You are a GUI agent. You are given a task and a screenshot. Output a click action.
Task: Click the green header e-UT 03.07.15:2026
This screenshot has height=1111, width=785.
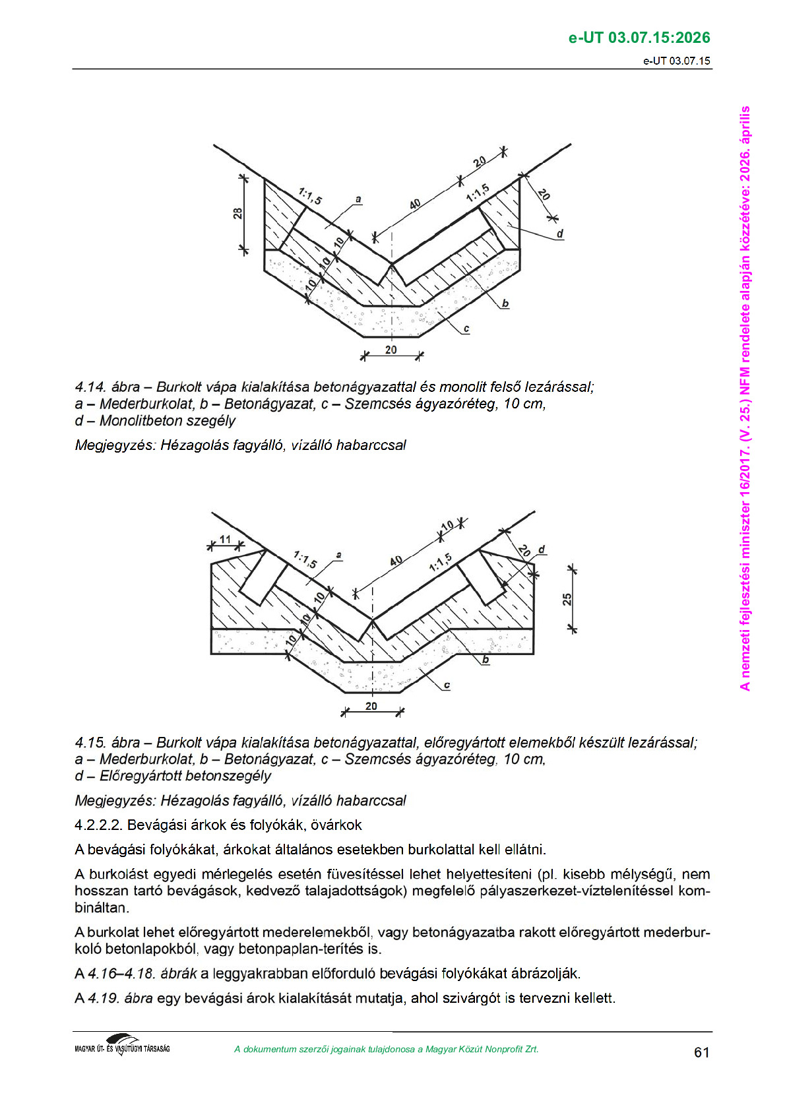pyautogui.click(x=639, y=38)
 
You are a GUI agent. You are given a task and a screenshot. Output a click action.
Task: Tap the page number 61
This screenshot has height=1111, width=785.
pyautogui.click(x=701, y=1052)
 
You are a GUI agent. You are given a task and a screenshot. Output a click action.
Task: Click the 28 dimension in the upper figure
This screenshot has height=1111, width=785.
pyautogui.click(x=237, y=213)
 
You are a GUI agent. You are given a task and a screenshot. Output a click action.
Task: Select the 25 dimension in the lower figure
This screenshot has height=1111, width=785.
pyautogui.click(x=567, y=599)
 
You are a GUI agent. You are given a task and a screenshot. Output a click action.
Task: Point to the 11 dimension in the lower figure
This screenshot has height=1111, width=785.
pyautogui.click(x=225, y=540)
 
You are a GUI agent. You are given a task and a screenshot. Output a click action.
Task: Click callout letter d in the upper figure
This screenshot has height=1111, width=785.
pyautogui.click(x=560, y=234)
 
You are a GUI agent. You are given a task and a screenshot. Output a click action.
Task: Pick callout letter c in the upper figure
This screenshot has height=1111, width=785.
pyautogui.click(x=466, y=329)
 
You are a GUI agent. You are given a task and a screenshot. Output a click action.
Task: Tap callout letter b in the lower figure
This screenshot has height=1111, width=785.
pyautogui.click(x=486, y=659)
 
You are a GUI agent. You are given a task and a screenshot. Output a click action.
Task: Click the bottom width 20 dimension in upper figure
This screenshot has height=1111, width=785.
pyautogui.click(x=391, y=350)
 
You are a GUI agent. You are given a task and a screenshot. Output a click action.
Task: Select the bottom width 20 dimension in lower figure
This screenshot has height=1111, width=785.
pyautogui.click(x=371, y=706)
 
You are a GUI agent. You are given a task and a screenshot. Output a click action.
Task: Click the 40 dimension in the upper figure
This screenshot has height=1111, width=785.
pyautogui.click(x=414, y=205)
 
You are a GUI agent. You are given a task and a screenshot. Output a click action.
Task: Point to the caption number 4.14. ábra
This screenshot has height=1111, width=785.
pyautogui.click(x=108, y=387)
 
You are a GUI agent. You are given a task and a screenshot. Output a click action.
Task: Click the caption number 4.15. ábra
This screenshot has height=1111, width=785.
pyautogui.click(x=108, y=743)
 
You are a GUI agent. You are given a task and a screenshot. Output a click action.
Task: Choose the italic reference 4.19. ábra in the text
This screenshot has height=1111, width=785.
pyautogui.click(x=120, y=998)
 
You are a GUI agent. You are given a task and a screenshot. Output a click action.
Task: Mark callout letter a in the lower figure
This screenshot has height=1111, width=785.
pyautogui.click(x=338, y=555)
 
